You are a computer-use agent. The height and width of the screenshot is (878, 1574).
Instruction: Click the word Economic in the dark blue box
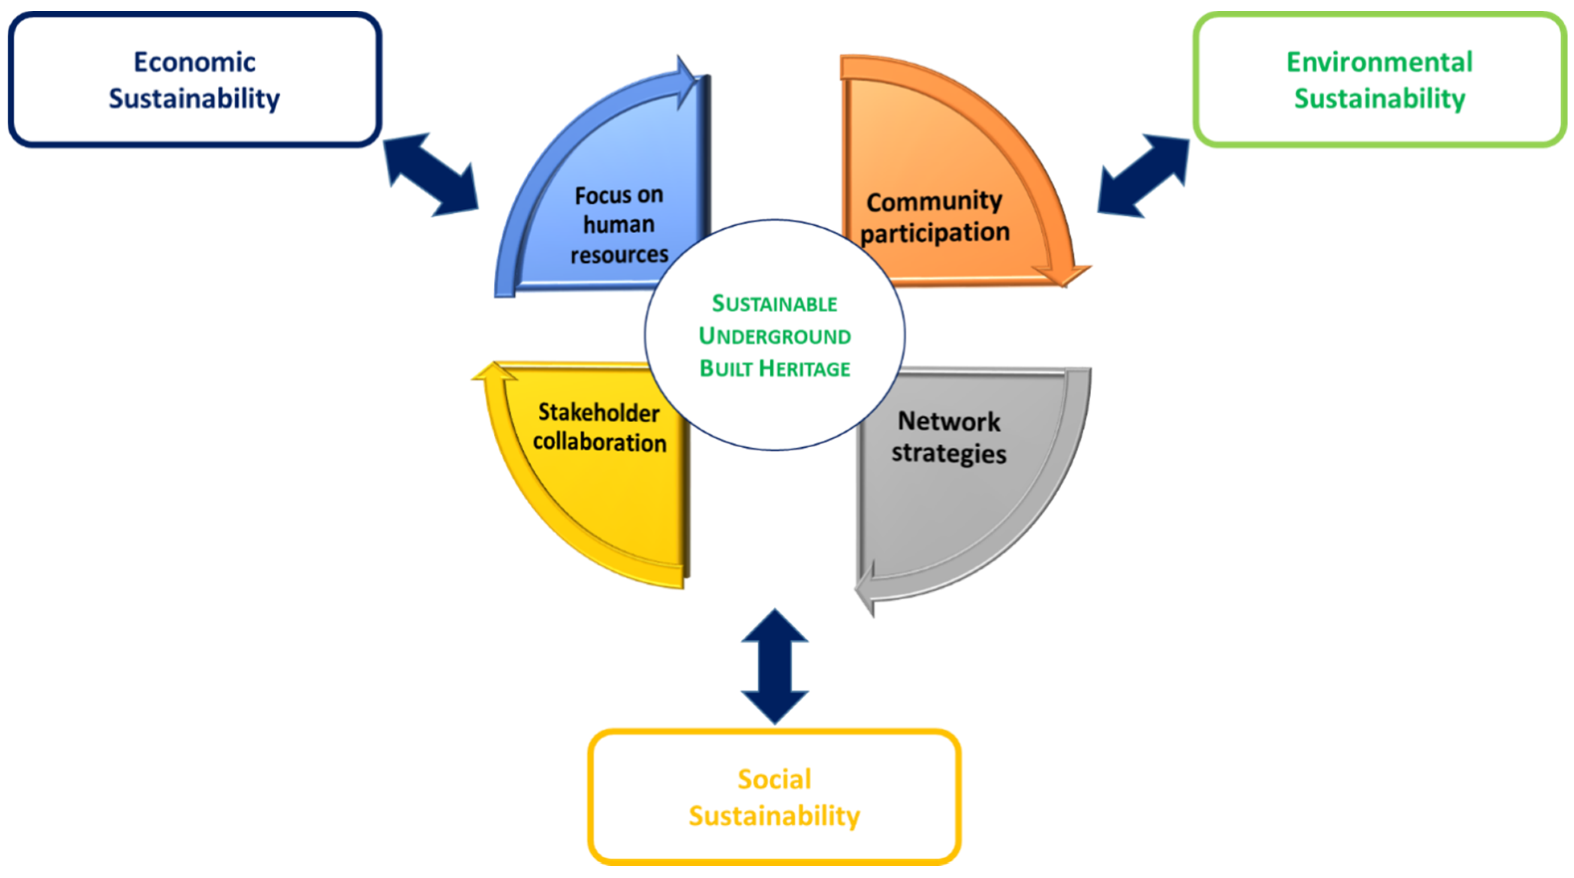tap(194, 62)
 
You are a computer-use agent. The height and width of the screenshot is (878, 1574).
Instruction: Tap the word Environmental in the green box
tap(1379, 62)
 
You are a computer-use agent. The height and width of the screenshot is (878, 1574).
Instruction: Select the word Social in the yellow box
tap(774, 779)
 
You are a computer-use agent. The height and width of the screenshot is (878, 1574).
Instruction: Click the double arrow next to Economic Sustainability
tap(431, 175)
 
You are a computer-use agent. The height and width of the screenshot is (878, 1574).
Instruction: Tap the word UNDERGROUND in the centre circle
tap(774, 336)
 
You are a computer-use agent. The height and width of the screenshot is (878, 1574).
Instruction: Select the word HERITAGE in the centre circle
tap(804, 368)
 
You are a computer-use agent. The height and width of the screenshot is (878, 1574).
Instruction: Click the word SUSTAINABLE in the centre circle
tap(774, 304)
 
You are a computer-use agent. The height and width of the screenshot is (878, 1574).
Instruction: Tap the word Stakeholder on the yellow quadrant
tap(599, 412)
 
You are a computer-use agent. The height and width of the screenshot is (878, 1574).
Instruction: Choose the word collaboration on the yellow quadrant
tap(600, 442)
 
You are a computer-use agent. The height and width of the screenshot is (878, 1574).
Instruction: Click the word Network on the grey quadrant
tap(948, 422)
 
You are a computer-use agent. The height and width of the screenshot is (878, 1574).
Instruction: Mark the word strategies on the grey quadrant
tap(948, 453)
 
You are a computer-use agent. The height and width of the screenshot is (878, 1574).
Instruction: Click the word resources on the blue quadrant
tap(619, 254)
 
